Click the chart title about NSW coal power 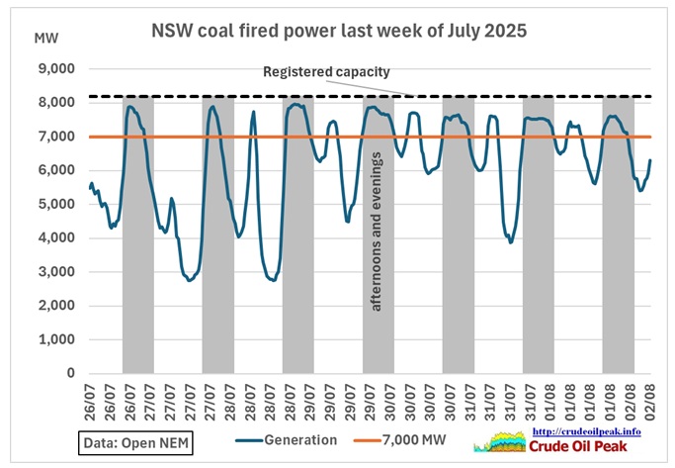pyautogui.click(x=338, y=31)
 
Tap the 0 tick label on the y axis pyautogui.click(x=70, y=373)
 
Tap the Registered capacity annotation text pyautogui.click(x=326, y=72)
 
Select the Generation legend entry pyautogui.click(x=288, y=440)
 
